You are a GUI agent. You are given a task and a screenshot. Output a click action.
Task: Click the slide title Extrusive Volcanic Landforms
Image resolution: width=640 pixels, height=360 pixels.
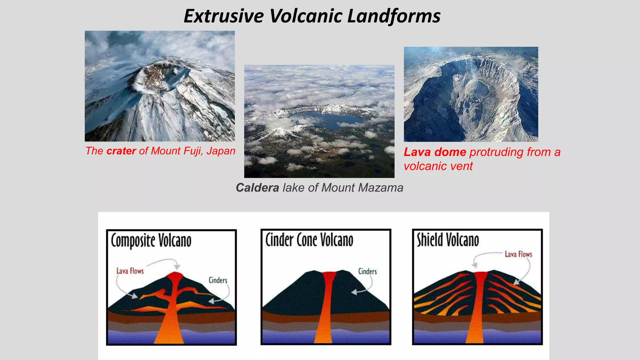(312, 16)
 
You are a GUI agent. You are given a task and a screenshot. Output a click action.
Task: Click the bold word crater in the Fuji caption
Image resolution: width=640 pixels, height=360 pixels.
(121, 151)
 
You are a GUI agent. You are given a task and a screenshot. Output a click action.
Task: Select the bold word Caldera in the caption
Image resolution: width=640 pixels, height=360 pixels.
(257, 188)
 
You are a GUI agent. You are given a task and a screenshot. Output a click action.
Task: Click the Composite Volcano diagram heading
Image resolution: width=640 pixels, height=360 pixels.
(151, 241)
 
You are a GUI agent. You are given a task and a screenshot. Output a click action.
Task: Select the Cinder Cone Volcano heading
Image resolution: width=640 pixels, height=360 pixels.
(309, 240)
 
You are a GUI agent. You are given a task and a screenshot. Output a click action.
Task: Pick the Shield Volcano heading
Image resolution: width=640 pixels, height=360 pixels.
(448, 240)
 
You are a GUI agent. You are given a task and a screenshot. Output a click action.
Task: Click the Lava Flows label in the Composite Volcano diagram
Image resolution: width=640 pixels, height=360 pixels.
(130, 271)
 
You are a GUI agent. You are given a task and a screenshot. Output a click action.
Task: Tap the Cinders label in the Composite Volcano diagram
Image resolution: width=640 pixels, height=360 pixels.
(218, 280)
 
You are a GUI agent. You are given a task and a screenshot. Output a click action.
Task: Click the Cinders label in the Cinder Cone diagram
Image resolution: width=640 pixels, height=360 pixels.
(367, 271)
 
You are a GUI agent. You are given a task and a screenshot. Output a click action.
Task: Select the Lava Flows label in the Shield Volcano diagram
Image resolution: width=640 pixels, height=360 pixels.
(518, 254)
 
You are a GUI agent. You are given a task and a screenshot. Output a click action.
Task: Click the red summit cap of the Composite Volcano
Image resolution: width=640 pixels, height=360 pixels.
(175, 276)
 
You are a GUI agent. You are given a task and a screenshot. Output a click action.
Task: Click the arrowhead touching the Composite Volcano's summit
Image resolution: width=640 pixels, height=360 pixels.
(177, 267)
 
